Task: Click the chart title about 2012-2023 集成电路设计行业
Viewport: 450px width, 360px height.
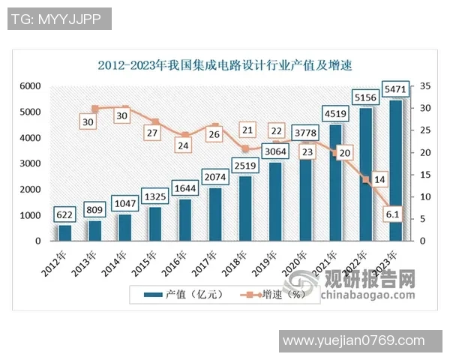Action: click(225, 65)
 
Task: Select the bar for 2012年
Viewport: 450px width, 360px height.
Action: click(65, 232)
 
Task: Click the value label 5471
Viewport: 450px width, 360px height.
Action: click(397, 89)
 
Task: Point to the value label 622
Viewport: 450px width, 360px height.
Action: click(65, 215)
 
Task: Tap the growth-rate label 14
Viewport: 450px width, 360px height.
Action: click(379, 179)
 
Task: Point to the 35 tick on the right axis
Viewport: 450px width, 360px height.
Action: click(424, 87)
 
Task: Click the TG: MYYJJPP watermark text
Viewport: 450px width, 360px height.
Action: click(60, 19)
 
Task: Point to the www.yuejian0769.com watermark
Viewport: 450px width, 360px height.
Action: click(359, 341)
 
